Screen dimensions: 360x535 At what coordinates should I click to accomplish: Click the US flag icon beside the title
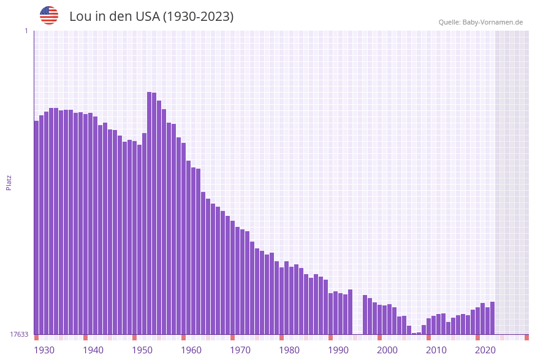point(49,15)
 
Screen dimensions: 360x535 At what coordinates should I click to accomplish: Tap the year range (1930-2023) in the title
point(197,17)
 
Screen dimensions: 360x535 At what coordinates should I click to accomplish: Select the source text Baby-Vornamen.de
point(492,22)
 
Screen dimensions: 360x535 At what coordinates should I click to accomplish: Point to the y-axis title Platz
point(9,183)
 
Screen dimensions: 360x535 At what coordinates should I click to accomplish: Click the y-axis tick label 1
point(26,31)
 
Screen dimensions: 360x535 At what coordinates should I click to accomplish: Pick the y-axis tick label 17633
point(18,334)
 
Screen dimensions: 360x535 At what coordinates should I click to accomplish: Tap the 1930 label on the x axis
point(44,350)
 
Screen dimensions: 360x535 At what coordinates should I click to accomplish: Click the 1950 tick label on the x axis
point(142,350)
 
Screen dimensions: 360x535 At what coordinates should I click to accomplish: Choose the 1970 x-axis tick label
point(240,350)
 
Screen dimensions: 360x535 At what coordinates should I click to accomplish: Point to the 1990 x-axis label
point(338,350)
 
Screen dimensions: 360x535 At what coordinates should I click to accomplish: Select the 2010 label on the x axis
point(436,350)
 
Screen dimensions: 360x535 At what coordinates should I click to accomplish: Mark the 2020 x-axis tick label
point(485,350)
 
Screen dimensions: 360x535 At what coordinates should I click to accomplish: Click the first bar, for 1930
point(37,227)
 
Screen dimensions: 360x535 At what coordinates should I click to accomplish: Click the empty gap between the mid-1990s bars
point(358,319)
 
